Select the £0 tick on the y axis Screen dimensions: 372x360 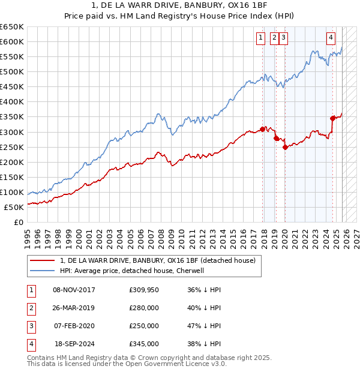(x=18, y=222)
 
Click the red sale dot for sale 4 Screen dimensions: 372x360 (x=332, y=118)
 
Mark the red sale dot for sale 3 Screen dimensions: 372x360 (x=285, y=147)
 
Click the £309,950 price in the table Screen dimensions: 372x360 (x=143, y=290)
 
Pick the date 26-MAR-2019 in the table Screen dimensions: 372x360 (x=74, y=308)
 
